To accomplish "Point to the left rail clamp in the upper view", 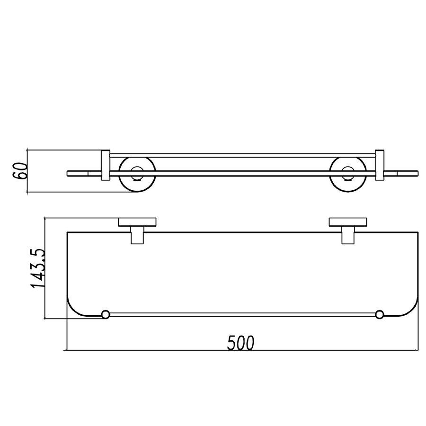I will tap(106, 166).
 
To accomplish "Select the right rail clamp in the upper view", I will tap(379, 166).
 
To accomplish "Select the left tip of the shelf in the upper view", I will tap(69, 172).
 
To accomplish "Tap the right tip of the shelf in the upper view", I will tap(417, 172).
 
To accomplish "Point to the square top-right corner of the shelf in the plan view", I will tap(418, 232).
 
